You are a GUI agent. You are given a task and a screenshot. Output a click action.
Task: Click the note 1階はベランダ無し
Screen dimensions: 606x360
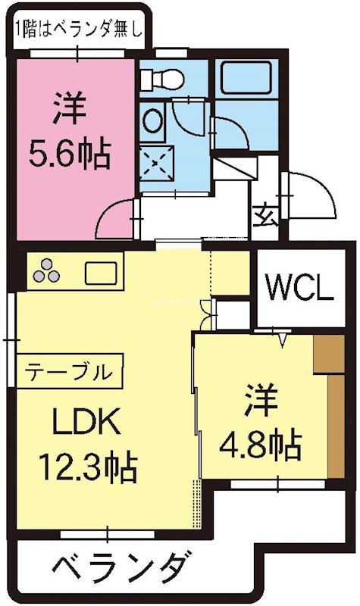(78, 30)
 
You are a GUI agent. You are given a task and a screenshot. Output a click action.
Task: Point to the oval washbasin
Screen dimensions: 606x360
(152, 120)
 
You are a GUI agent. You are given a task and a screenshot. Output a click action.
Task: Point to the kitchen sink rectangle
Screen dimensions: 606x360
(100, 271)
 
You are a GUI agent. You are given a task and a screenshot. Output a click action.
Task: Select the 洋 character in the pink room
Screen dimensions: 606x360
(70, 109)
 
